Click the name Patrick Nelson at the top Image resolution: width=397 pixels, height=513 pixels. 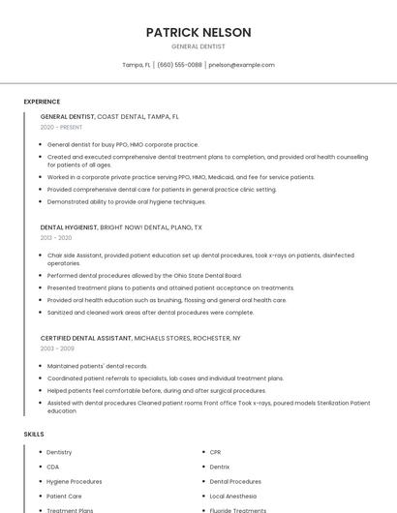coord(198,32)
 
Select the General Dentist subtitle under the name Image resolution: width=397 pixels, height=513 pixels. coord(198,46)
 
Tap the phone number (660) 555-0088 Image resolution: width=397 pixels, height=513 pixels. coord(179,65)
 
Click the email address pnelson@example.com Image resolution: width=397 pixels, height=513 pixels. coord(241,65)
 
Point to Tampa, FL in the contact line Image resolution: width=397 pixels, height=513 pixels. coord(137,65)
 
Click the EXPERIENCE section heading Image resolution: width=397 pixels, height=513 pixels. coord(42,102)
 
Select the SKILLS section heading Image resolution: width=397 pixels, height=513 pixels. coord(34,435)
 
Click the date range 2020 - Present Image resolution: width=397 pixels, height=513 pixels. coord(62,127)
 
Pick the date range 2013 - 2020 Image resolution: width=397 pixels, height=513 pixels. coord(56,237)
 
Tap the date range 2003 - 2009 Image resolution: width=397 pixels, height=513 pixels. coord(56,347)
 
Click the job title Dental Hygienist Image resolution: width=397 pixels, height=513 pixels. coord(69,226)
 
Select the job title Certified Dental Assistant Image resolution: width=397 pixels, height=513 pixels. coord(85,337)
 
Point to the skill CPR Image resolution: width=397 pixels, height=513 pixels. coord(216,452)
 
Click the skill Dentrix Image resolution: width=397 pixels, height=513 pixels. coord(220,467)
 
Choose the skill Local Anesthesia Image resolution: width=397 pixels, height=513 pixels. coord(232,496)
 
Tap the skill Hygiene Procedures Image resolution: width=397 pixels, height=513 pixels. coord(74,481)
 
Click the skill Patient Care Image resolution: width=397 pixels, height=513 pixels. coord(64,496)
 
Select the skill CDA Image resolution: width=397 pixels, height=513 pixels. coord(53,467)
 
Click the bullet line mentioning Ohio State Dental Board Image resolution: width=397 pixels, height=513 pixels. coord(144,276)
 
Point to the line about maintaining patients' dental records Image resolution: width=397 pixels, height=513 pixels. coord(97,366)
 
